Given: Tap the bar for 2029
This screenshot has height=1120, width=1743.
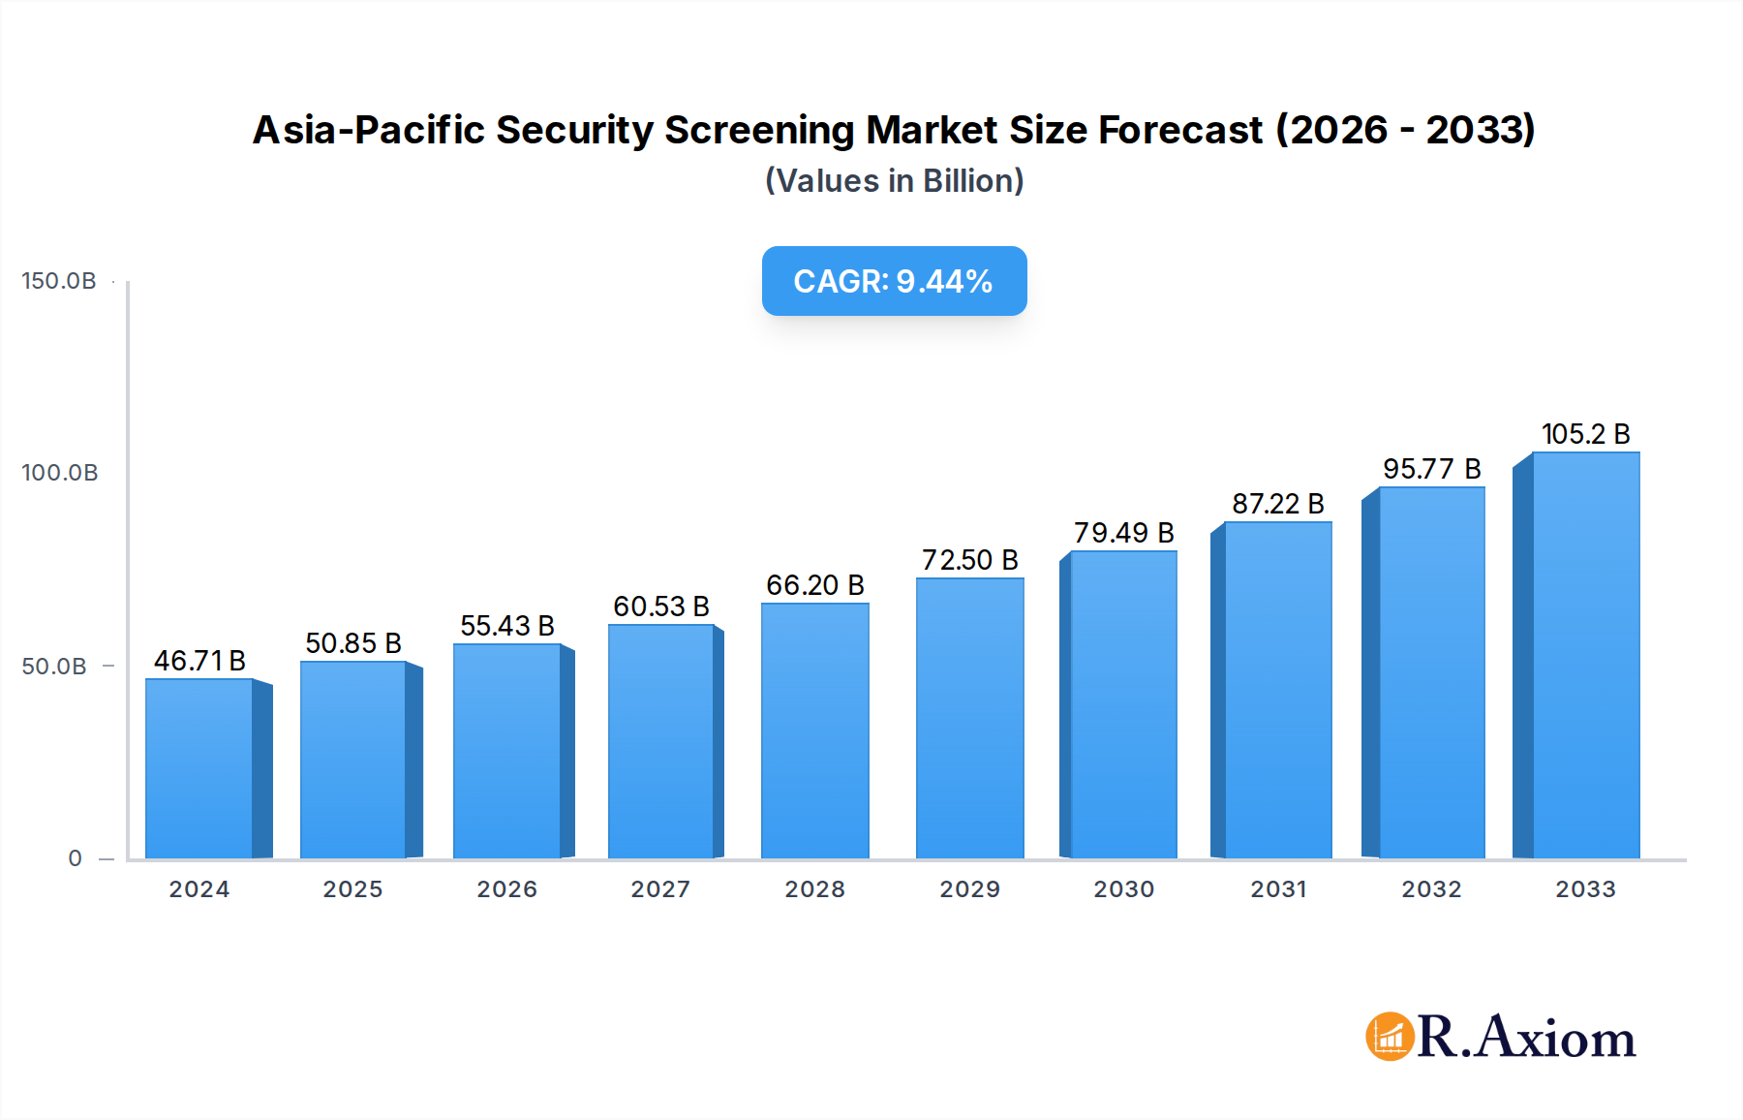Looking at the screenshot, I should (x=969, y=718).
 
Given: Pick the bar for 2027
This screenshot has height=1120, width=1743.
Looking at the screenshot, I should (x=661, y=741).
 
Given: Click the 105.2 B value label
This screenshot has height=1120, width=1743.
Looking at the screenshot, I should (x=1585, y=434).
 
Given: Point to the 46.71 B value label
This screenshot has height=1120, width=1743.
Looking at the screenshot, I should (x=199, y=661).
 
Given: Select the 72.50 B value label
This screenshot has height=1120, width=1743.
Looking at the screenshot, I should (x=969, y=560).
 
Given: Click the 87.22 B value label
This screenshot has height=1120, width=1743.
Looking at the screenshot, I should (x=1277, y=504).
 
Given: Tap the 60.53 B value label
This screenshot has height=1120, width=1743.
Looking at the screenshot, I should (x=661, y=607).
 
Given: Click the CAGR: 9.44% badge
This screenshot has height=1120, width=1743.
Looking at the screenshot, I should (x=894, y=281).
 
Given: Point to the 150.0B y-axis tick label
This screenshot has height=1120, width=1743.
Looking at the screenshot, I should (x=59, y=281).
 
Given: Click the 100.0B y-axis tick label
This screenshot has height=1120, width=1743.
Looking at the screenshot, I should (x=60, y=473).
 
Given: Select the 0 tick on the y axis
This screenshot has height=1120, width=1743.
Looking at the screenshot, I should (x=76, y=858).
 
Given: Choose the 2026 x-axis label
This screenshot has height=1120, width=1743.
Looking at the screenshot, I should (x=506, y=889).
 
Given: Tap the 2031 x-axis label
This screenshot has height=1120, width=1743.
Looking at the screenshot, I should (x=1278, y=889).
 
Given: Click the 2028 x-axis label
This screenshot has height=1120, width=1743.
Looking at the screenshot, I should (x=814, y=889).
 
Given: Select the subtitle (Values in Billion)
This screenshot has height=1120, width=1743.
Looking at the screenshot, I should (x=894, y=181).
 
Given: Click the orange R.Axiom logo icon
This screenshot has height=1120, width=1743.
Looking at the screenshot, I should (x=1390, y=1037).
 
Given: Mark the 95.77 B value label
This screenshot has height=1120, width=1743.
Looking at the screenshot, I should (x=1431, y=469).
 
